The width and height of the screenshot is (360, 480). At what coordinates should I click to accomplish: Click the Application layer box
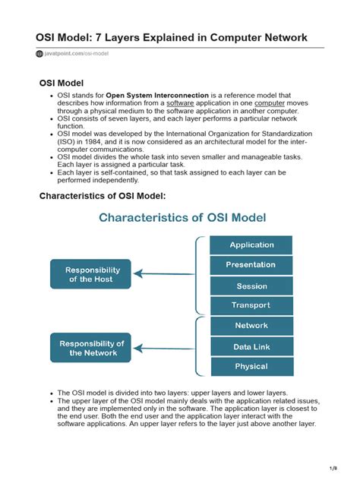pyautogui.click(x=251, y=245)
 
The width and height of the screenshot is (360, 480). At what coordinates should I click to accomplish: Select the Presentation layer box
pyautogui.click(x=251, y=265)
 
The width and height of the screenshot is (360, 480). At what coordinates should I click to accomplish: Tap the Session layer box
pyautogui.click(x=251, y=286)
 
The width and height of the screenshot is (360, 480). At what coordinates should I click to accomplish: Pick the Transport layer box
pyautogui.click(x=251, y=305)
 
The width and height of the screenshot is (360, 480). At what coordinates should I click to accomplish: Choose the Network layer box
pyautogui.click(x=251, y=326)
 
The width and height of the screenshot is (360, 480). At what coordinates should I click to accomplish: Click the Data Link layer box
pyautogui.click(x=251, y=346)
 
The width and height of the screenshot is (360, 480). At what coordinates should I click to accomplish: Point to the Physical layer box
pyautogui.click(x=251, y=366)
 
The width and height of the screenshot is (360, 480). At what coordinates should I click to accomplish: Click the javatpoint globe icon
pyautogui.click(x=39, y=54)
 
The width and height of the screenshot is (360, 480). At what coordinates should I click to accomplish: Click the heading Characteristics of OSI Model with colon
pyautogui.click(x=102, y=196)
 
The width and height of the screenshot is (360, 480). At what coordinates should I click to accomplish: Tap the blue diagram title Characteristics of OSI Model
pyautogui.click(x=183, y=218)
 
